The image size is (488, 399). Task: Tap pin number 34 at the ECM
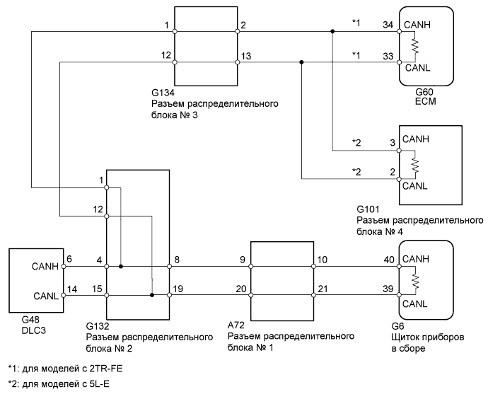tap(388, 25)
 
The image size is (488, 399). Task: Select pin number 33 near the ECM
tap(388, 56)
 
